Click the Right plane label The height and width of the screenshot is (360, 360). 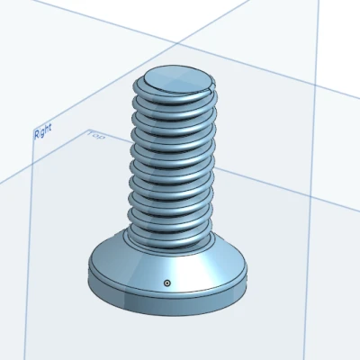click(x=42, y=132)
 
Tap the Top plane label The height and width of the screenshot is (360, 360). click(x=96, y=137)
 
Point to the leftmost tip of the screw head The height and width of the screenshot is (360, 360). click(x=89, y=274)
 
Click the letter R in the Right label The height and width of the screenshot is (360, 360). click(x=36, y=135)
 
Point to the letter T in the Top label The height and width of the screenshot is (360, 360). click(x=91, y=135)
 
